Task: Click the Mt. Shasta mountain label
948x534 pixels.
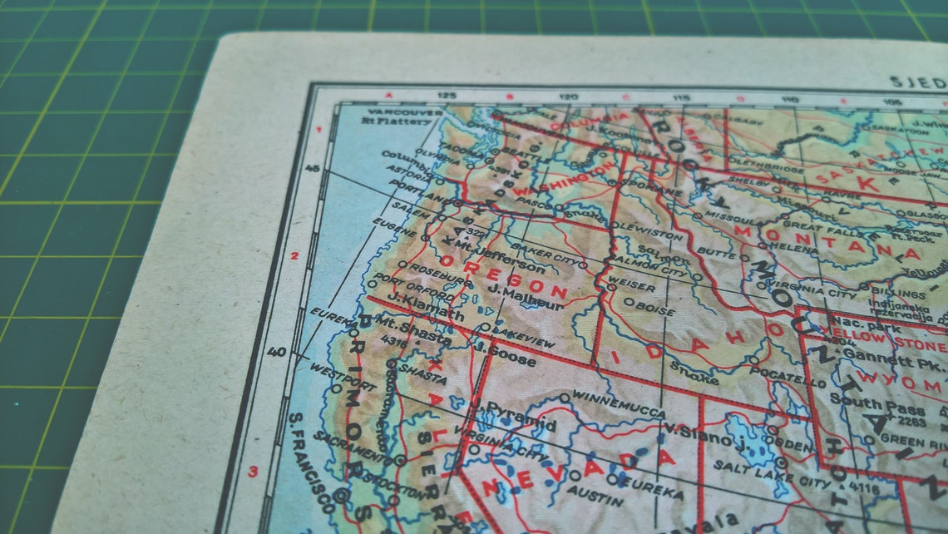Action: tap(414, 329)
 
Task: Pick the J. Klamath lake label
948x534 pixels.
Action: tap(425, 308)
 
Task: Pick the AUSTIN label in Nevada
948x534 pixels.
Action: tap(595, 496)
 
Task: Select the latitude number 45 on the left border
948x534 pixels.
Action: tap(312, 168)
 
